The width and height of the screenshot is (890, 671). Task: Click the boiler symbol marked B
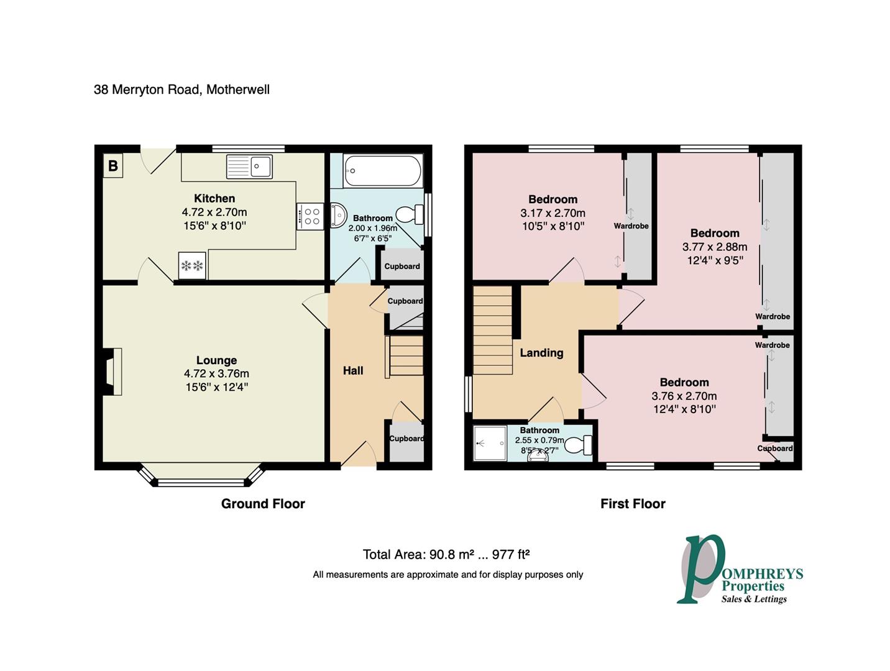point(112,166)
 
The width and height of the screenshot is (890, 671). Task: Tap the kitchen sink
point(249,167)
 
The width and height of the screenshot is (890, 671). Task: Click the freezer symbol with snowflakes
point(192,266)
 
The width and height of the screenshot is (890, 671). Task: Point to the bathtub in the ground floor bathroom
point(382,170)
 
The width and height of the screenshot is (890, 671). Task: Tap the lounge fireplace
point(112,372)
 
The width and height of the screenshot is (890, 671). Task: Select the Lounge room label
point(216,360)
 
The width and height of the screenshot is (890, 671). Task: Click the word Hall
point(353,371)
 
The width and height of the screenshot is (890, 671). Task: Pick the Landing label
point(541,353)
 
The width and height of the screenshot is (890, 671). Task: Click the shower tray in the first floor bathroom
point(490,444)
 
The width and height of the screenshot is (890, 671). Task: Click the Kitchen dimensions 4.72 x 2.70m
point(214,212)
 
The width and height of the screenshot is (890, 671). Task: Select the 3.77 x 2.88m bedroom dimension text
point(715,247)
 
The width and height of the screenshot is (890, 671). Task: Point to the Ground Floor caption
point(263,504)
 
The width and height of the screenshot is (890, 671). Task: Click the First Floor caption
point(633,504)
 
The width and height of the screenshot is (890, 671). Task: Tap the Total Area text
point(446,555)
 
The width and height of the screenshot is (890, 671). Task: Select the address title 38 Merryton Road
point(181,89)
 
